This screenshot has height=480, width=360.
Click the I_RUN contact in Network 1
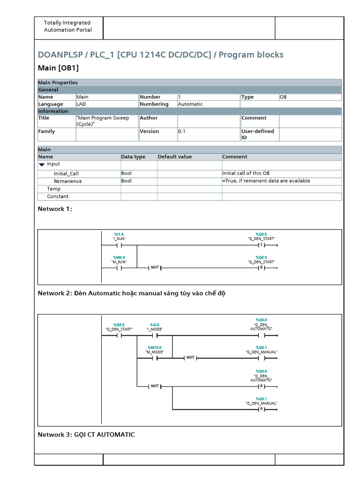pyautogui.click(x=119, y=245)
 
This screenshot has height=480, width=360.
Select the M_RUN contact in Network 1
pyautogui.click(x=119, y=268)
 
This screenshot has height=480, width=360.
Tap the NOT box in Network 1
pyautogui.click(x=155, y=268)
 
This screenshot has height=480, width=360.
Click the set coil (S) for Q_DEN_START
pyautogui.click(x=261, y=245)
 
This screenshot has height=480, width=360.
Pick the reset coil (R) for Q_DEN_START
pyautogui.click(x=261, y=268)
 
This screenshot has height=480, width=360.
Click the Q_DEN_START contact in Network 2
pyautogui.click(x=119, y=336)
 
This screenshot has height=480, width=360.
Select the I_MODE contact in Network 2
pyautogui.click(x=154, y=336)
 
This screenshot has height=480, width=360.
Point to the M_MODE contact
pyautogui.click(x=154, y=358)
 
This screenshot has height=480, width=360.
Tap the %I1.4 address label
pyautogui.click(x=119, y=234)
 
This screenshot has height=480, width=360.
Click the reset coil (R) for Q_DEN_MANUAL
pyautogui.click(x=261, y=409)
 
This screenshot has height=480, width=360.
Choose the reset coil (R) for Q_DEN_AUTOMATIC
pyautogui.click(x=261, y=387)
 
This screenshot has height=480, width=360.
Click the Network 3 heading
pyautogui.click(x=86, y=435)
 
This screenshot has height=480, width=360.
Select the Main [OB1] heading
pyautogui.click(x=58, y=68)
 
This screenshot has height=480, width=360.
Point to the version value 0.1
pyautogui.click(x=182, y=132)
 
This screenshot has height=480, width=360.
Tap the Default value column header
pyautogui.click(x=175, y=157)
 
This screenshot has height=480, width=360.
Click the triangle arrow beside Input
pyautogui.click(x=42, y=165)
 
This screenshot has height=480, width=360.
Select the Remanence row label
pyautogui.click(x=67, y=181)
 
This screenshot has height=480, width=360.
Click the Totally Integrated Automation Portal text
pyautogui.click(x=67, y=26)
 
